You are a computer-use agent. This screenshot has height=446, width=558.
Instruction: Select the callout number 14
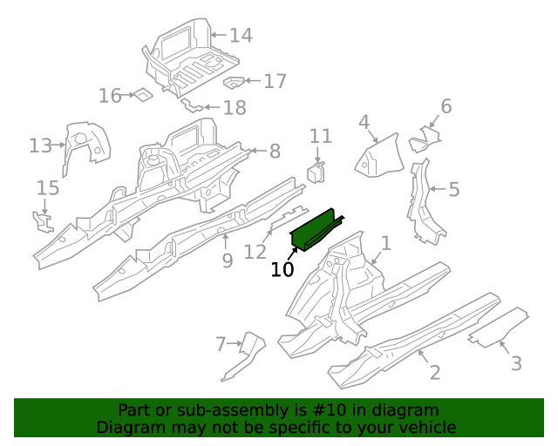(241, 36)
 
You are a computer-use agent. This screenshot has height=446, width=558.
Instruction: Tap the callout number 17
(275, 82)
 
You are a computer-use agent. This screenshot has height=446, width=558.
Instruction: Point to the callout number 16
(110, 96)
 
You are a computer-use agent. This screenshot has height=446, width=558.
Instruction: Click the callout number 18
(235, 108)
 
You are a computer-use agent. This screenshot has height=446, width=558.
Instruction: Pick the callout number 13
(41, 145)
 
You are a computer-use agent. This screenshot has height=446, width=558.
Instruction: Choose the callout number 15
(47, 188)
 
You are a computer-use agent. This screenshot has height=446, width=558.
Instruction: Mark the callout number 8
(275, 152)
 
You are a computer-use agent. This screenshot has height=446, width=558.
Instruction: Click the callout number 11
(321, 136)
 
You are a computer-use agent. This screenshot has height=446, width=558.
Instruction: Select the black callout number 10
(282, 269)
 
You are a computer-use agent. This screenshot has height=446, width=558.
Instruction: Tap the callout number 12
(255, 252)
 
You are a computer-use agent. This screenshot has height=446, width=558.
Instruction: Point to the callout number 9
(227, 260)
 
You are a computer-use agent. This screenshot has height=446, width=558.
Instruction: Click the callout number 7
(221, 345)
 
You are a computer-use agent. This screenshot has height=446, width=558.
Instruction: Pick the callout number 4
(364, 122)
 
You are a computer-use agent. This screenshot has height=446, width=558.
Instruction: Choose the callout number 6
(446, 107)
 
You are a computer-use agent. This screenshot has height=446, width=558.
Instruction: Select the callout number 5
(454, 188)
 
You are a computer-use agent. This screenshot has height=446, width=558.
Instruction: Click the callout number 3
(516, 363)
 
